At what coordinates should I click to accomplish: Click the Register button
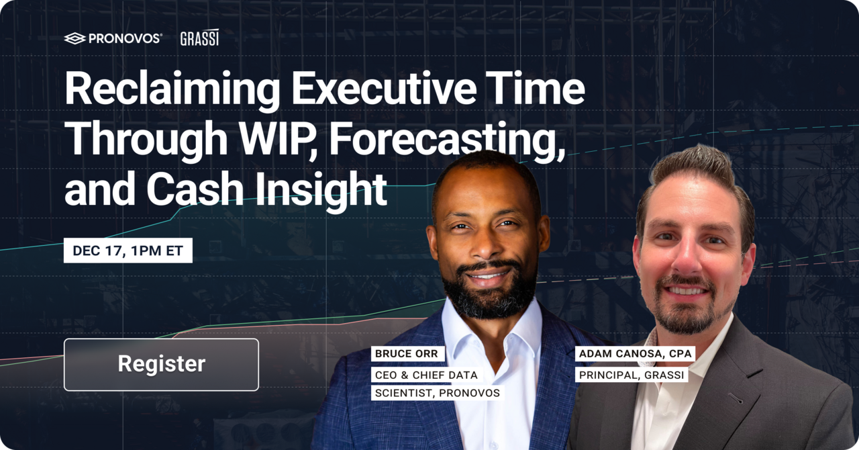click(162, 365)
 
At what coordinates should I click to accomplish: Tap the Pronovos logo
click(113, 38)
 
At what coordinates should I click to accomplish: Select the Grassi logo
click(199, 38)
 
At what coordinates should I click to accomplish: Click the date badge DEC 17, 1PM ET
click(128, 251)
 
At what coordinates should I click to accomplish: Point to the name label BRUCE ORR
click(407, 354)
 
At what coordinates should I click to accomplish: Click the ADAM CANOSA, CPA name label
click(635, 354)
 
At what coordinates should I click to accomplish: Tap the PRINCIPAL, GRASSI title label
click(631, 375)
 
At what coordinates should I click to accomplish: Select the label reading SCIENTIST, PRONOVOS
click(437, 393)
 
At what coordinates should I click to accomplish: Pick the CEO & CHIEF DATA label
click(426, 375)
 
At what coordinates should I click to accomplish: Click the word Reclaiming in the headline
click(172, 90)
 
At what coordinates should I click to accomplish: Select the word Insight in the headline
click(321, 190)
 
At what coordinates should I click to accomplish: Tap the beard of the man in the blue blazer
click(489, 296)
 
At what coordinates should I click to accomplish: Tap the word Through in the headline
click(146, 140)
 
